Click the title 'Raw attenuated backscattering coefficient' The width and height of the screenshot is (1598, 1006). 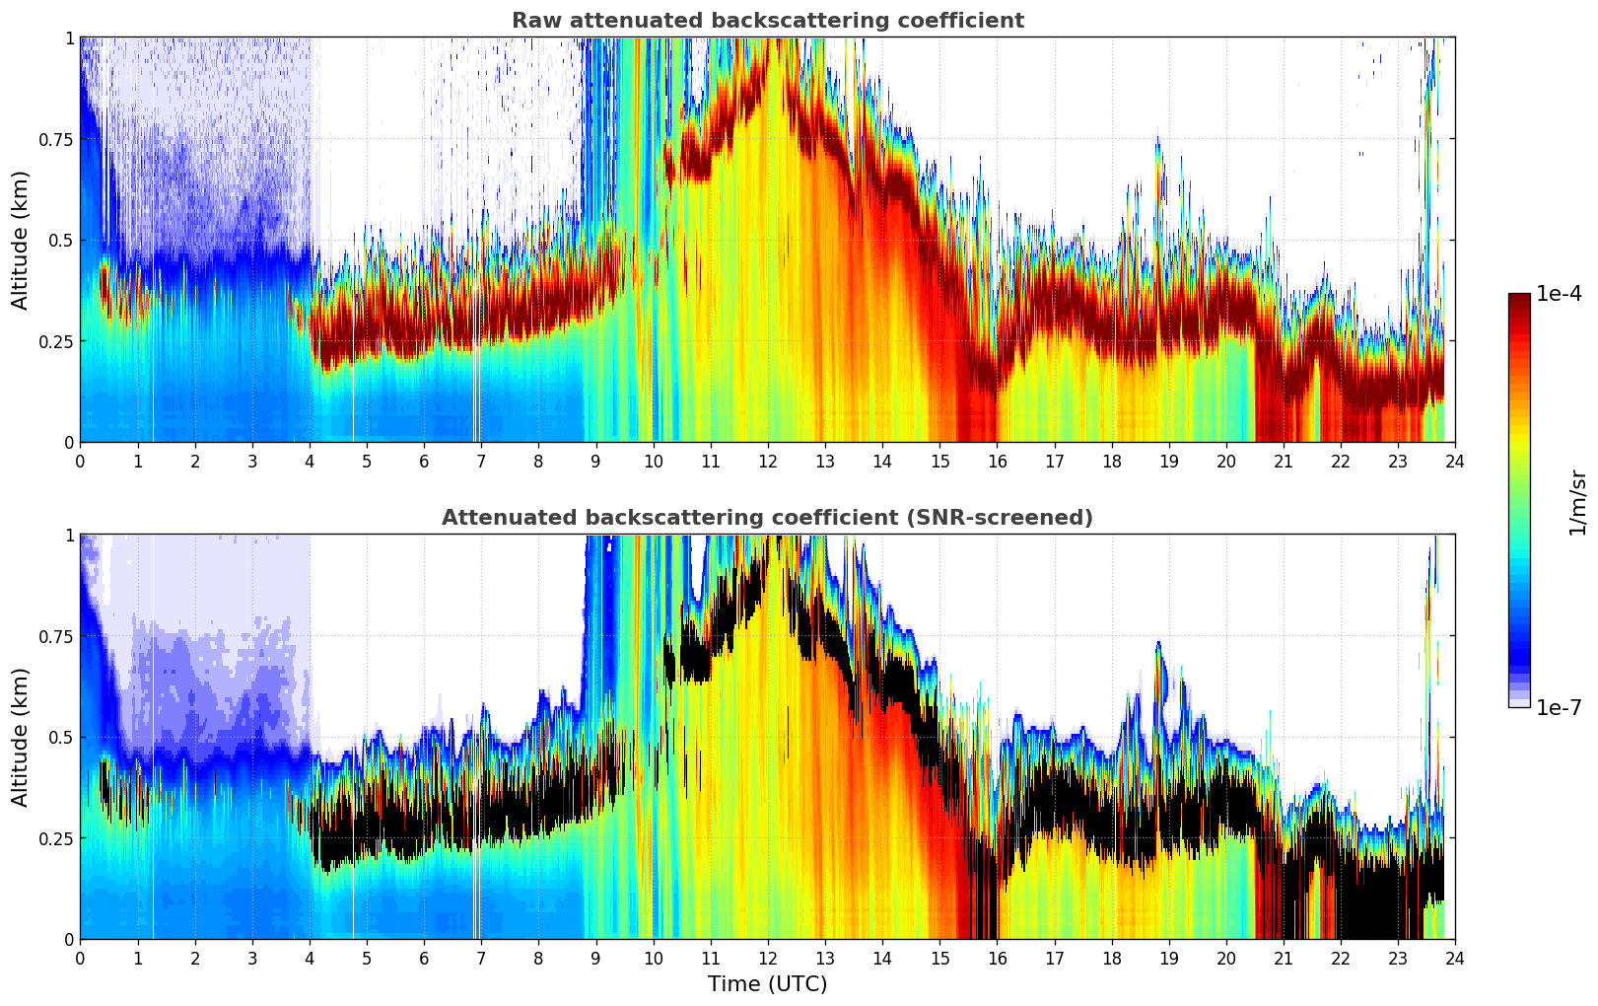[x=767, y=21]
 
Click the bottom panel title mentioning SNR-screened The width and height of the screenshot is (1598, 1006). [x=767, y=518]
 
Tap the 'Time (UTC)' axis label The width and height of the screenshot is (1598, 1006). [x=767, y=984]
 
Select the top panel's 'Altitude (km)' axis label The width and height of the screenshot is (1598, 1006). [x=21, y=240]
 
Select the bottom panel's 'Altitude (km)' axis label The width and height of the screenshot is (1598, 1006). [x=21, y=737]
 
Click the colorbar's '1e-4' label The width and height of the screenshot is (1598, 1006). [x=1559, y=294]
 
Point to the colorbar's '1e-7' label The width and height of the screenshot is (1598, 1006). [x=1559, y=707]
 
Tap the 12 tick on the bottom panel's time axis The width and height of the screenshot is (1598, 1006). [x=768, y=958]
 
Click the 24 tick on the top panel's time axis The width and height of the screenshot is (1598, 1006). [x=1455, y=461]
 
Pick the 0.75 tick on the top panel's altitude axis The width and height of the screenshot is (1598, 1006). [x=55, y=139]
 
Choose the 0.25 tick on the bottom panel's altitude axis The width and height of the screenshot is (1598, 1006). [x=55, y=838]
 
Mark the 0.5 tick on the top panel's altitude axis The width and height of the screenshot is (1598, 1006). [x=60, y=240]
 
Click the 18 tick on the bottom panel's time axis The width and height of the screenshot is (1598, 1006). [x=1112, y=958]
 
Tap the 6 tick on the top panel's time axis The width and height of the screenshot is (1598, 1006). [x=424, y=461]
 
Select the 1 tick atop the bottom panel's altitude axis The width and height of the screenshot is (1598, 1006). [x=69, y=535]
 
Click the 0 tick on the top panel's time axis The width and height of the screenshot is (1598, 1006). [x=80, y=461]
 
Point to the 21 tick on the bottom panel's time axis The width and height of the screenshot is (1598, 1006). [x=1284, y=958]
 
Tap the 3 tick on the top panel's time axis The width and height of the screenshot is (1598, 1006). [x=252, y=461]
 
